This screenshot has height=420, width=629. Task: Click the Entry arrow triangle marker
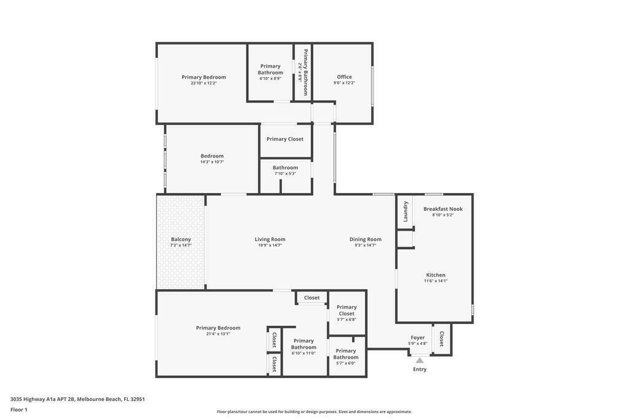coord(420,360)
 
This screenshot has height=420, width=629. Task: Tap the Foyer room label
coord(418,338)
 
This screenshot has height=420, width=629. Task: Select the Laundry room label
coord(405,211)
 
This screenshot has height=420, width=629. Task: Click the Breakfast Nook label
coord(443,209)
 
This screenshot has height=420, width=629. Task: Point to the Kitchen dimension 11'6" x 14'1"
coord(436,281)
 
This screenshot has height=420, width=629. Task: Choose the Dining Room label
coord(365,239)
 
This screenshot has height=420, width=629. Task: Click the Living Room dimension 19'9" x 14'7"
coord(270,245)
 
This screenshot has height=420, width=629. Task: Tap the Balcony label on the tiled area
coord(181,239)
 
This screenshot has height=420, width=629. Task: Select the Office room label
coord(344,77)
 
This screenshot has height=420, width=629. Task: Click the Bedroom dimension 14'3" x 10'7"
coord(212,162)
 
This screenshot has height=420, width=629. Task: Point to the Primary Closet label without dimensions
coord(285,139)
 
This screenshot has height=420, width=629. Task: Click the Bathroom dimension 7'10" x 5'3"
coord(285,173)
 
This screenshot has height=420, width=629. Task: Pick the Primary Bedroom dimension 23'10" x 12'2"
coord(204,83)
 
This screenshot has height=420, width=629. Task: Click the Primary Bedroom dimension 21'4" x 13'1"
coord(218,334)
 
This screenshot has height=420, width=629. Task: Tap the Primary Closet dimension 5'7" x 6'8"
coord(346,320)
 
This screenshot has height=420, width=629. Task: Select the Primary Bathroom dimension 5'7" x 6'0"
coord(346,363)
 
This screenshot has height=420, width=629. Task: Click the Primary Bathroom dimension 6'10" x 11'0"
coord(303,354)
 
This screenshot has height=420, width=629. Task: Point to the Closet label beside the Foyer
coord(441,339)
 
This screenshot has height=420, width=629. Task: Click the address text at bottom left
coord(77,399)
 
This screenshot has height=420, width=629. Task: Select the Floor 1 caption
coord(19,410)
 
